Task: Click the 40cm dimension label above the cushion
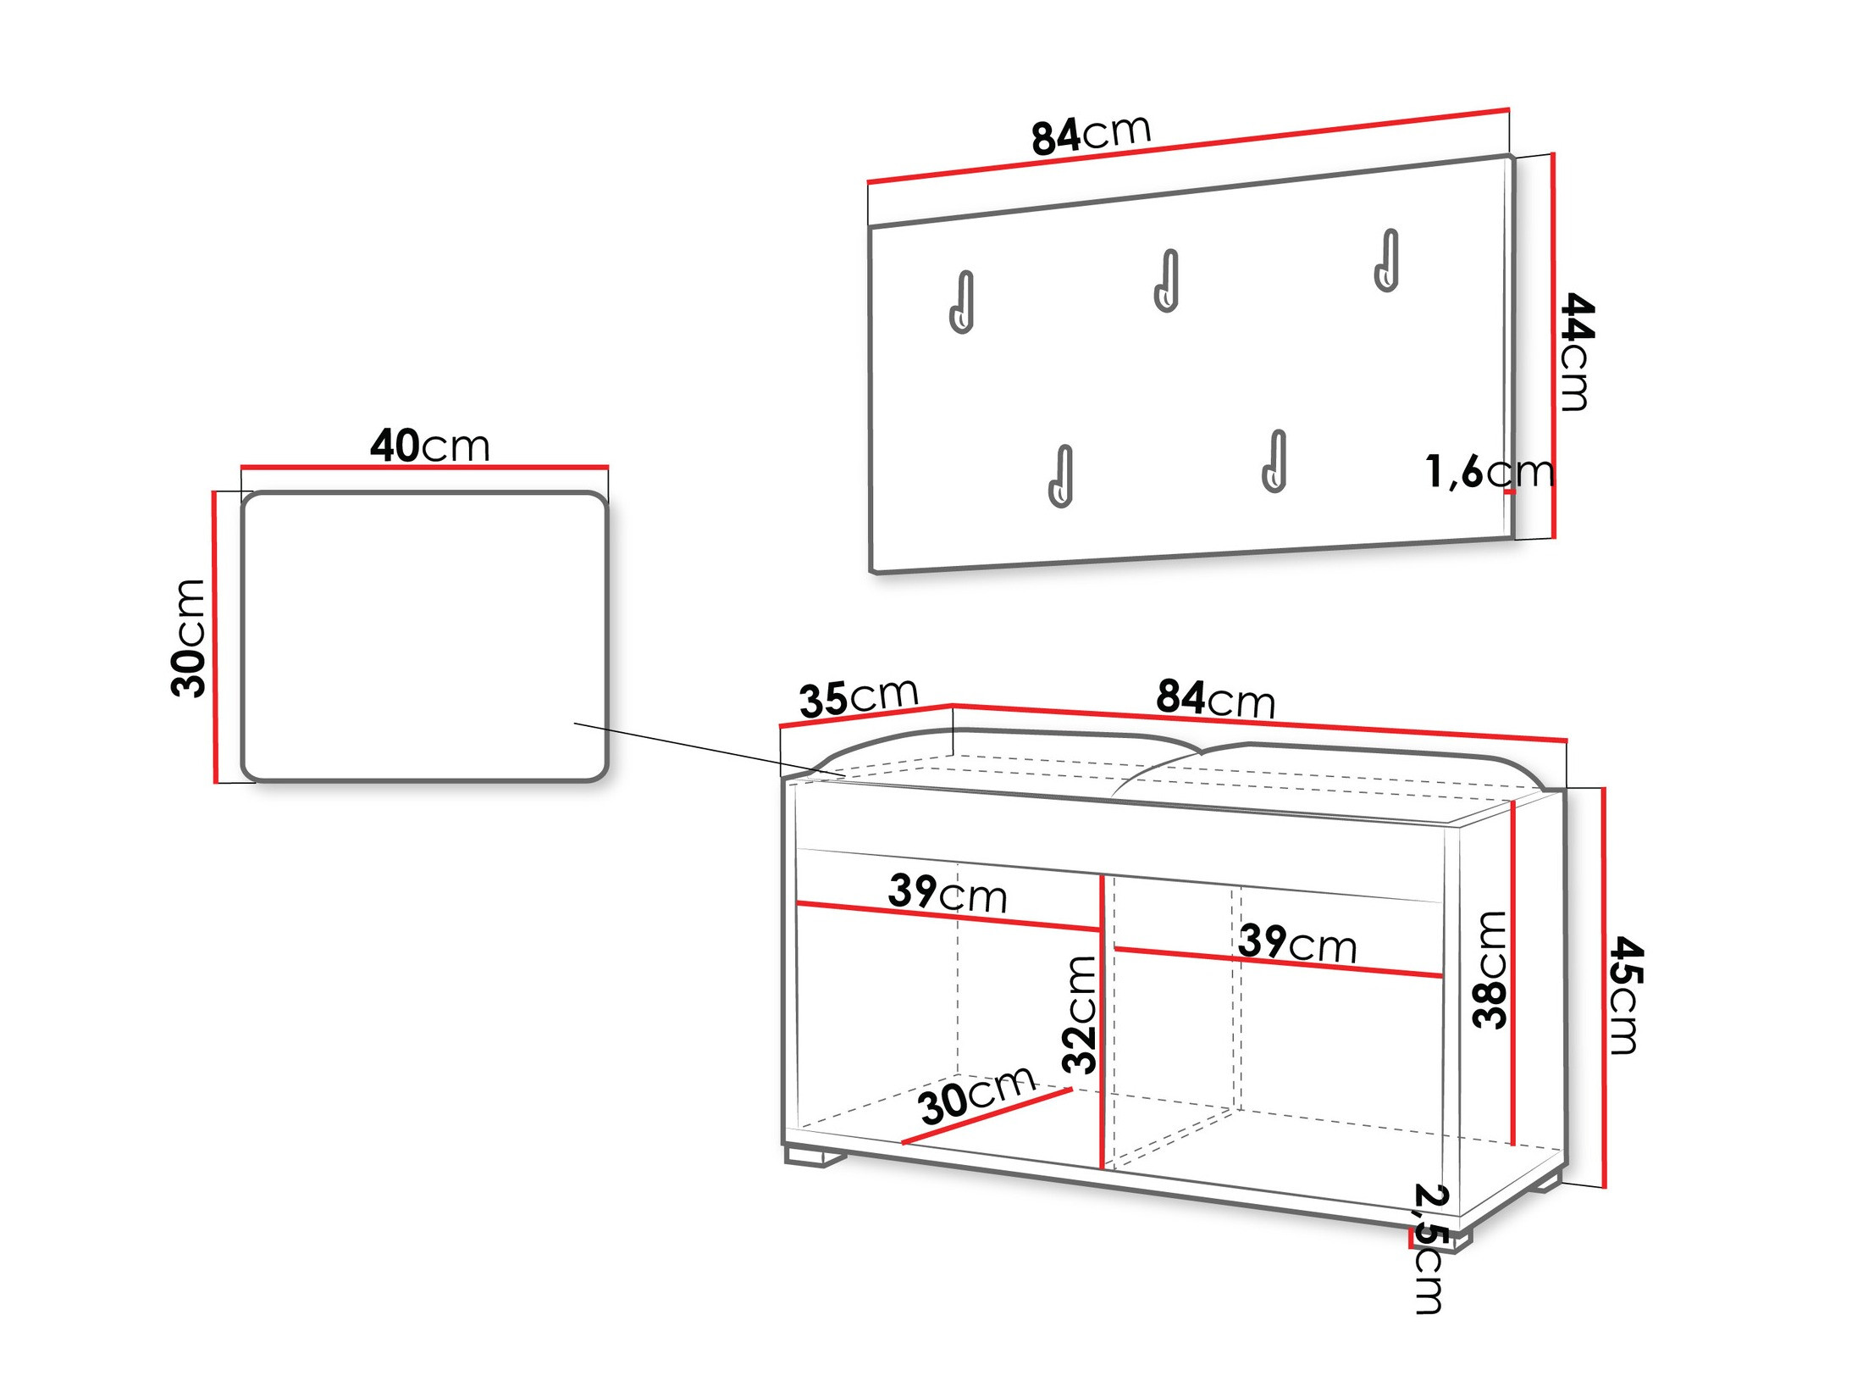429,446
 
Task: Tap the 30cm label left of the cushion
188,638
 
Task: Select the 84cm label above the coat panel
1091,135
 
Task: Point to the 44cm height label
1576,352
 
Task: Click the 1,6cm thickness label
1489,471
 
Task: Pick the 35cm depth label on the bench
859,697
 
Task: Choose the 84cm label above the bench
1215,698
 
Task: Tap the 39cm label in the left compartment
948,893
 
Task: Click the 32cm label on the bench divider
1080,1014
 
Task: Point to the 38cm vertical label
1490,970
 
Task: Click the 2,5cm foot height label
1430,1249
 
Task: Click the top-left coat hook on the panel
962,302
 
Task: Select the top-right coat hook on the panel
1387,261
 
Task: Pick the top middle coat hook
1167,281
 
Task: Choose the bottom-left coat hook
1061,477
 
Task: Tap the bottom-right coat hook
1274,462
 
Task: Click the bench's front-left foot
816,1157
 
